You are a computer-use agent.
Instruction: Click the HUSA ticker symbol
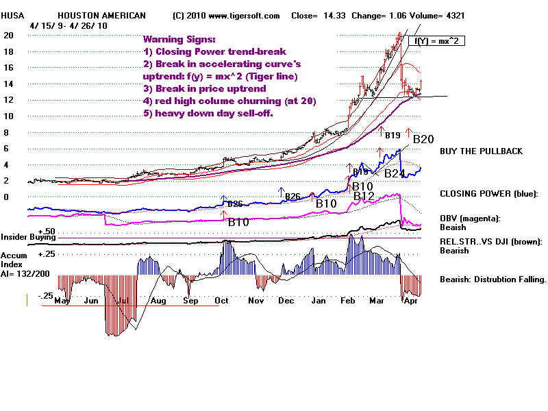pyautogui.click(x=12, y=15)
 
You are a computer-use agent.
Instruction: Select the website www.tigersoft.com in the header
pyautogui.click(x=240, y=15)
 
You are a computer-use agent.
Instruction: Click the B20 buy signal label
pyautogui.click(x=424, y=139)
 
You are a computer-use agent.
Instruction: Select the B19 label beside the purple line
pyautogui.click(x=393, y=136)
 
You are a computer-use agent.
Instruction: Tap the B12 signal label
pyautogui.click(x=364, y=197)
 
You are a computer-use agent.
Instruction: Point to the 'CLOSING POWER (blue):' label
pyautogui.click(x=488, y=194)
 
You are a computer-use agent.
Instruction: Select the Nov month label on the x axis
pyautogui.click(x=256, y=300)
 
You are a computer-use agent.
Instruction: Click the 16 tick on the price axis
pyautogui.click(x=9, y=68)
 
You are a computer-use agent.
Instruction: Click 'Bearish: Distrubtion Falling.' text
pyautogui.click(x=493, y=279)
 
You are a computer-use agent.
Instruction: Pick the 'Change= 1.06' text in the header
pyautogui.click(x=379, y=15)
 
